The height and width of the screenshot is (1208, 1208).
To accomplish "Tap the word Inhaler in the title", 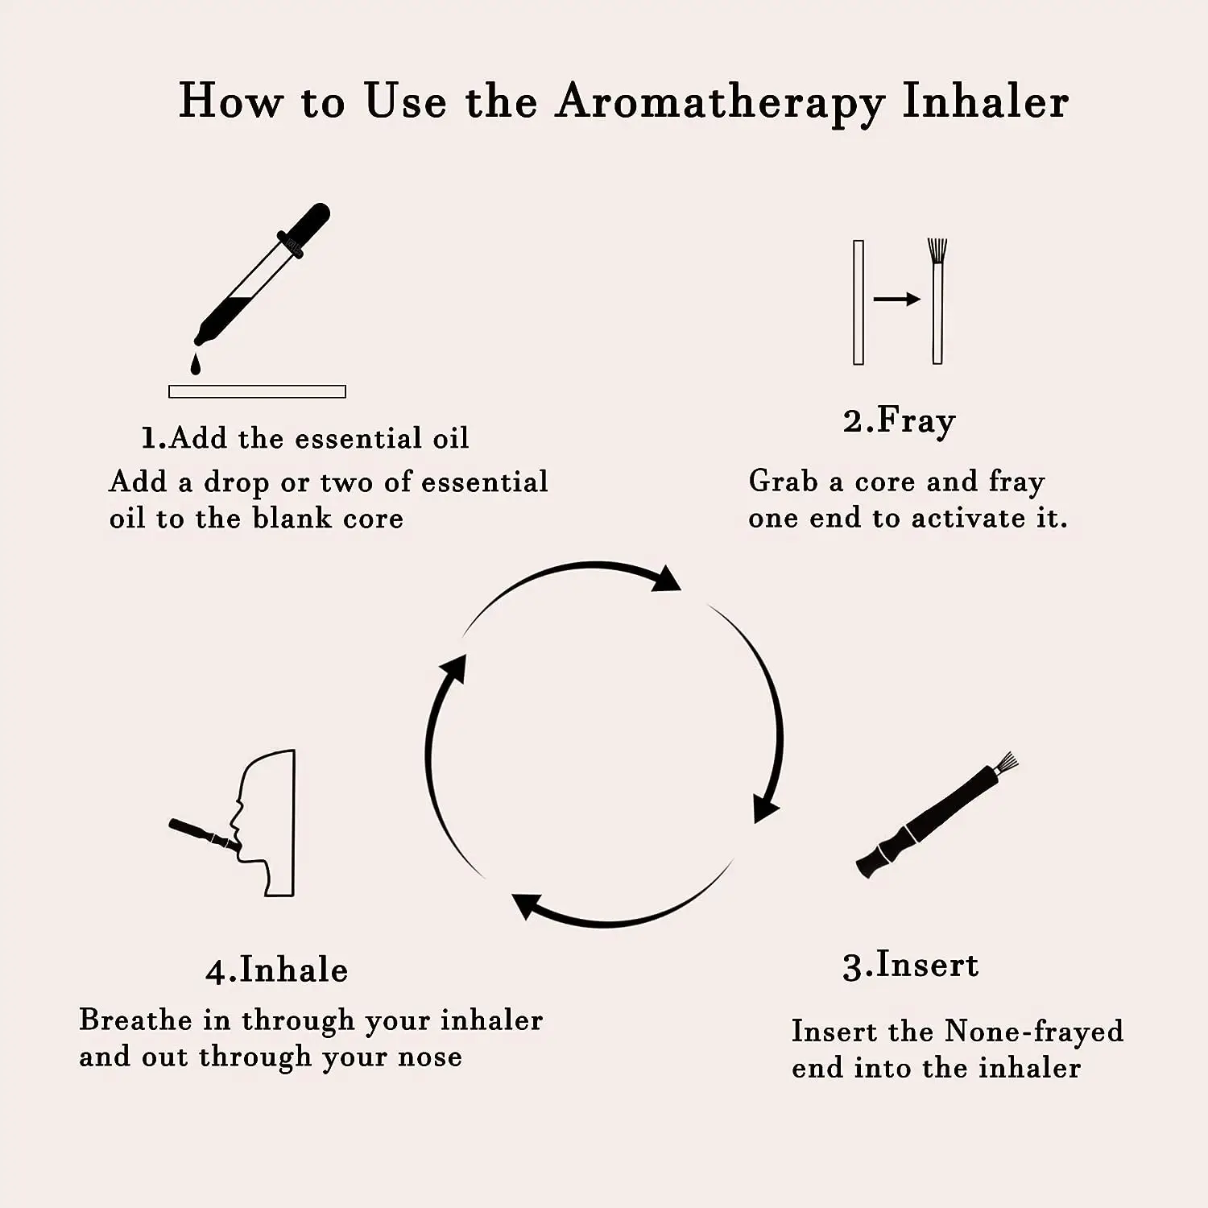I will [985, 103].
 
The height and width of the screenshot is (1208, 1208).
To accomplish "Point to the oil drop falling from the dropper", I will [195, 365].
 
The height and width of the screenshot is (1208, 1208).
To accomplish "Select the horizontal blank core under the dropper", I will [257, 391].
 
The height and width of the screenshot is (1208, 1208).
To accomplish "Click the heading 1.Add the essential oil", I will [304, 438].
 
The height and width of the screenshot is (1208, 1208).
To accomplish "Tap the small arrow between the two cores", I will [896, 300].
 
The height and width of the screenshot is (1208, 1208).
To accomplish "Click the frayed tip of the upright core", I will [937, 250].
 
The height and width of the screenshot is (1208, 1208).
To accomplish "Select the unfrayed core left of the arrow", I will [858, 302].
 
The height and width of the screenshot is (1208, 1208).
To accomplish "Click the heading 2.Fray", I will [899, 421].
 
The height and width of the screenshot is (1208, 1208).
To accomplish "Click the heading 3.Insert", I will [910, 966].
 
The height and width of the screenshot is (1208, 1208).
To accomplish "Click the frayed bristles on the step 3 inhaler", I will [1006, 763].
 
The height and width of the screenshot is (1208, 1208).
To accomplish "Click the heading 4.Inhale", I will [276, 970].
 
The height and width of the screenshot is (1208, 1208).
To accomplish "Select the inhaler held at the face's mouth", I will [201, 834].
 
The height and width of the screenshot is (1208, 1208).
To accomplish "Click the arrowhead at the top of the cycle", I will [667, 579].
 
